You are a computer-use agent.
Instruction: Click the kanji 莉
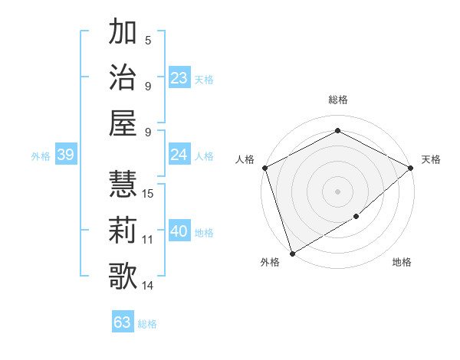click(x=123, y=229)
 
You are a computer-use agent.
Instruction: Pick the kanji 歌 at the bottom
click(x=123, y=275)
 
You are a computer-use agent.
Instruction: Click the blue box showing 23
click(x=179, y=77)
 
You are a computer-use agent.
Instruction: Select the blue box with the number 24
click(x=179, y=155)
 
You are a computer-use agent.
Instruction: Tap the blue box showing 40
click(x=179, y=231)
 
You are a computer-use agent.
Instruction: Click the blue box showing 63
click(x=123, y=322)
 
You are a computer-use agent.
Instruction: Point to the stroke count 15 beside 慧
click(x=149, y=193)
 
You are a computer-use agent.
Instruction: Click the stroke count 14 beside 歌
click(x=149, y=286)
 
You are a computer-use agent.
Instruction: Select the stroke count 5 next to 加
click(x=148, y=41)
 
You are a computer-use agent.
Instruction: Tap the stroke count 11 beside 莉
click(x=148, y=240)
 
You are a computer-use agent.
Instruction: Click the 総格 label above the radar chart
click(x=337, y=100)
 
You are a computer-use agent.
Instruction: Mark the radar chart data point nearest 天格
click(x=412, y=167)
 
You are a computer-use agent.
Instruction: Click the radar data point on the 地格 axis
click(x=356, y=218)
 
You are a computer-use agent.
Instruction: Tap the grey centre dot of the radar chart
click(x=337, y=191)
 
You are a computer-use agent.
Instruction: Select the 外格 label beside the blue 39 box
click(x=41, y=156)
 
